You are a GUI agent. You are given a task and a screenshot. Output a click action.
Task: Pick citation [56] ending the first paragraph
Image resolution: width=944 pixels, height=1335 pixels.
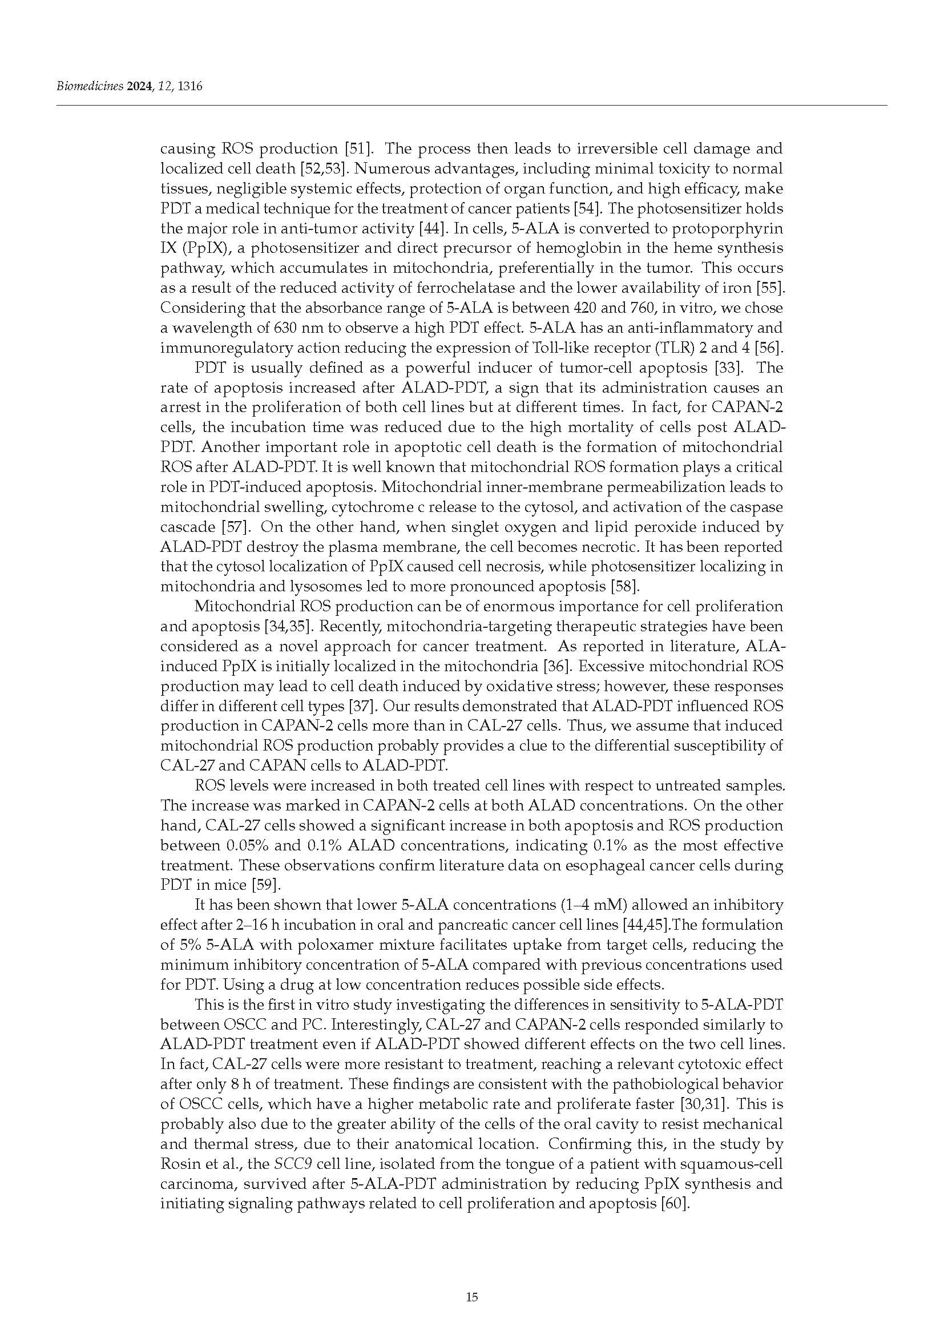click(769, 348)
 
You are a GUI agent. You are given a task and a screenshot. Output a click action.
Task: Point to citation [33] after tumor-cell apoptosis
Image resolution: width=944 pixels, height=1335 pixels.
click(722, 368)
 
